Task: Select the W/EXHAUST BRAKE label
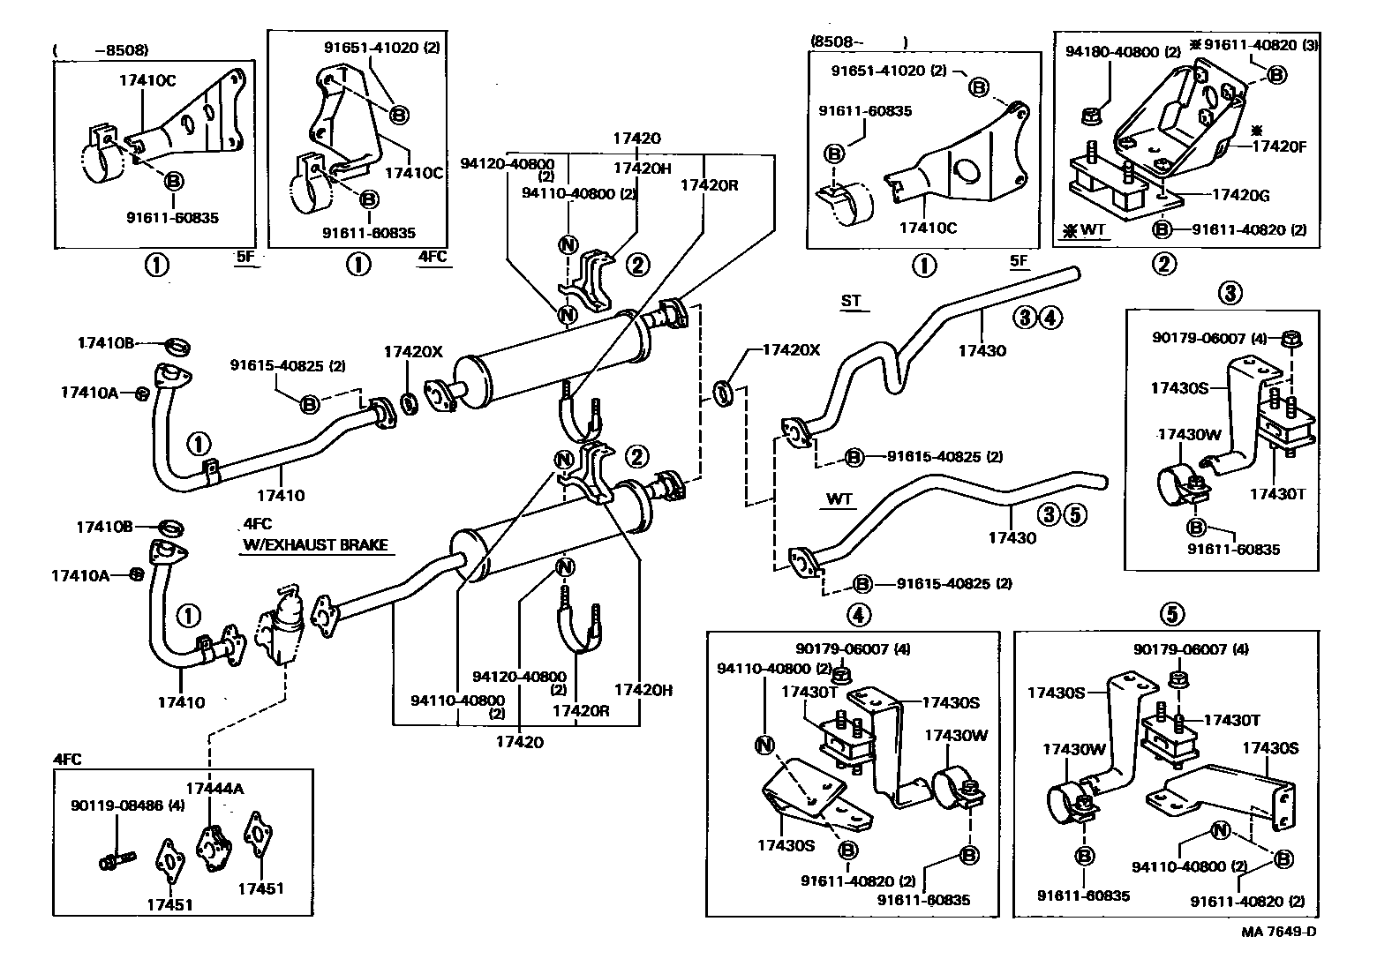(x=315, y=545)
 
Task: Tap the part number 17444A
(x=214, y=788)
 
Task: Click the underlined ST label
(x=850, y=301)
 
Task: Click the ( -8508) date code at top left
(x=101, y=50)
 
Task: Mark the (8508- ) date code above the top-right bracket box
(x=858, y=41)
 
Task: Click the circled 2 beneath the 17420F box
(x=1165, y=263)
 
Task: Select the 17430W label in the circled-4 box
(x=948, y=734)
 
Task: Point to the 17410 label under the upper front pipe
(x=282, y=495)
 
